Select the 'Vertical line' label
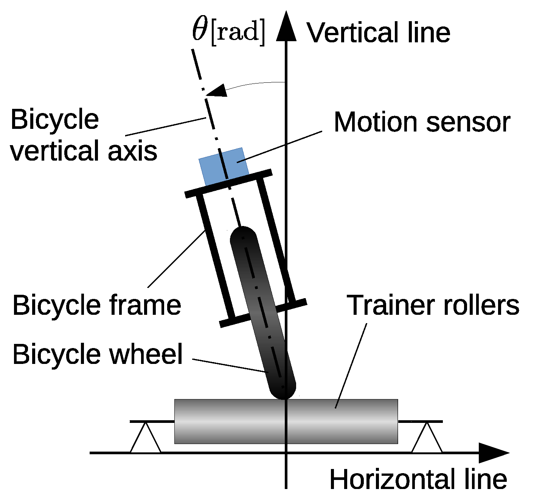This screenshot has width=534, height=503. click(378, 32)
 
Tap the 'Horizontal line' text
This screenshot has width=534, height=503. click(418, 480)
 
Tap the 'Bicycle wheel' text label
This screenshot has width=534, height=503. click(98, 354)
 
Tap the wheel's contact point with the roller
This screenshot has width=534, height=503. click(285, 398)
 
